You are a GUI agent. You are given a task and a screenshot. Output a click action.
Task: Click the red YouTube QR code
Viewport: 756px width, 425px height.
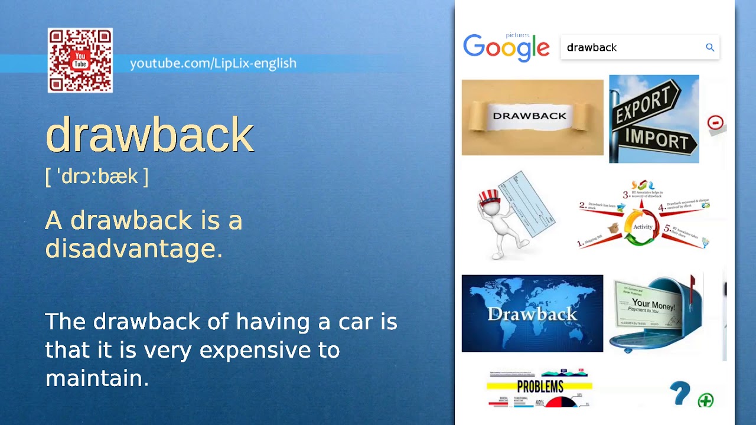(80, 60)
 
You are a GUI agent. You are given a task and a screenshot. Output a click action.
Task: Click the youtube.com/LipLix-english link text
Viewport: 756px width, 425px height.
(213, 63)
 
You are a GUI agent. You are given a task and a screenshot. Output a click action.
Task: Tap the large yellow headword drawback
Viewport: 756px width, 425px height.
(149, 135)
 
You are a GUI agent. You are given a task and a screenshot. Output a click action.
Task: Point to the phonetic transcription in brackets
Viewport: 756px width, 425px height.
(97, 176)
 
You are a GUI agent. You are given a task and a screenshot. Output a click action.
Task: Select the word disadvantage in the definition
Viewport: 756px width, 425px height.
(133, 249)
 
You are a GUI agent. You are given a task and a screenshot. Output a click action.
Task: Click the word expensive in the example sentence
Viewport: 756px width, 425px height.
(258, 350)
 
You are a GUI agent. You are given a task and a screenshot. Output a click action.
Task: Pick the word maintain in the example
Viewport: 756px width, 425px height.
(97, 378)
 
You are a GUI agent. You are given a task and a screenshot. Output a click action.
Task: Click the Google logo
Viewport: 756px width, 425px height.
(506, 48)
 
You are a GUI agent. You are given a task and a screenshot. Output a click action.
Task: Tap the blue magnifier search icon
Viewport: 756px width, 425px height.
(710, 48)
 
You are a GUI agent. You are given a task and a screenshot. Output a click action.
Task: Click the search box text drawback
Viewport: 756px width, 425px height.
(592, 48)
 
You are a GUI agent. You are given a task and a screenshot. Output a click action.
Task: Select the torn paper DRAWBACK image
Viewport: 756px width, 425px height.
(532, 117)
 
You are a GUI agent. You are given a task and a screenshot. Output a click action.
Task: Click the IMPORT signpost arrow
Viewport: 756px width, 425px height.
(656, 139)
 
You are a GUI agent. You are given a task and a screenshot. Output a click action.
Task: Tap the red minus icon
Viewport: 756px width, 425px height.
(715, 123)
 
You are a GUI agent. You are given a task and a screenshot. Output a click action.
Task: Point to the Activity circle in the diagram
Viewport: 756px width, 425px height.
(643, 227)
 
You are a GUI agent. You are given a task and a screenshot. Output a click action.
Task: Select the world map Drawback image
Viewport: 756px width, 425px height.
(532, 313)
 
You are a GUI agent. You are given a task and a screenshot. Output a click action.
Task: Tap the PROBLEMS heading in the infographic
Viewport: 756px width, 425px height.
(540, 387)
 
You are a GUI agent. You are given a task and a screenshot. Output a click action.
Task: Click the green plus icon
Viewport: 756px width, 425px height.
(705, 401)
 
